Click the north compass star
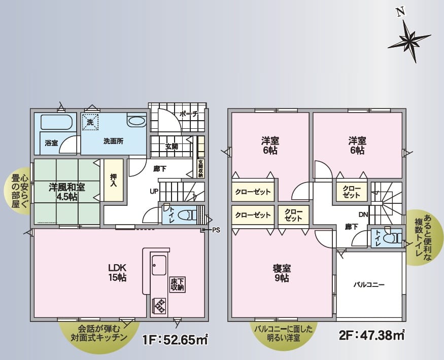tap(409, 40)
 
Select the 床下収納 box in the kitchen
tap(178, 285)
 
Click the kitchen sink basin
tap(159, 265)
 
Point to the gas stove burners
tap(159, 306)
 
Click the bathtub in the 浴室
tap(57, 122)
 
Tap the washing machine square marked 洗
tap(90, 122)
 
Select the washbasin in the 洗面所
tap(137, 121)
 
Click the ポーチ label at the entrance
tap(188, 114)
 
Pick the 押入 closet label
tap(113, 180)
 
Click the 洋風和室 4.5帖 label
tap(67, 192)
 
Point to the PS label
tap(216, 230)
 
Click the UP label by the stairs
tap(154, 192)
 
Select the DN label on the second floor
tap(363, 215)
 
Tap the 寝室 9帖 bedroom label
tap(282, 273)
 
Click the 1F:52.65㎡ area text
tap(176, 339)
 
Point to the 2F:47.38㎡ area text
tap(372, 335)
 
